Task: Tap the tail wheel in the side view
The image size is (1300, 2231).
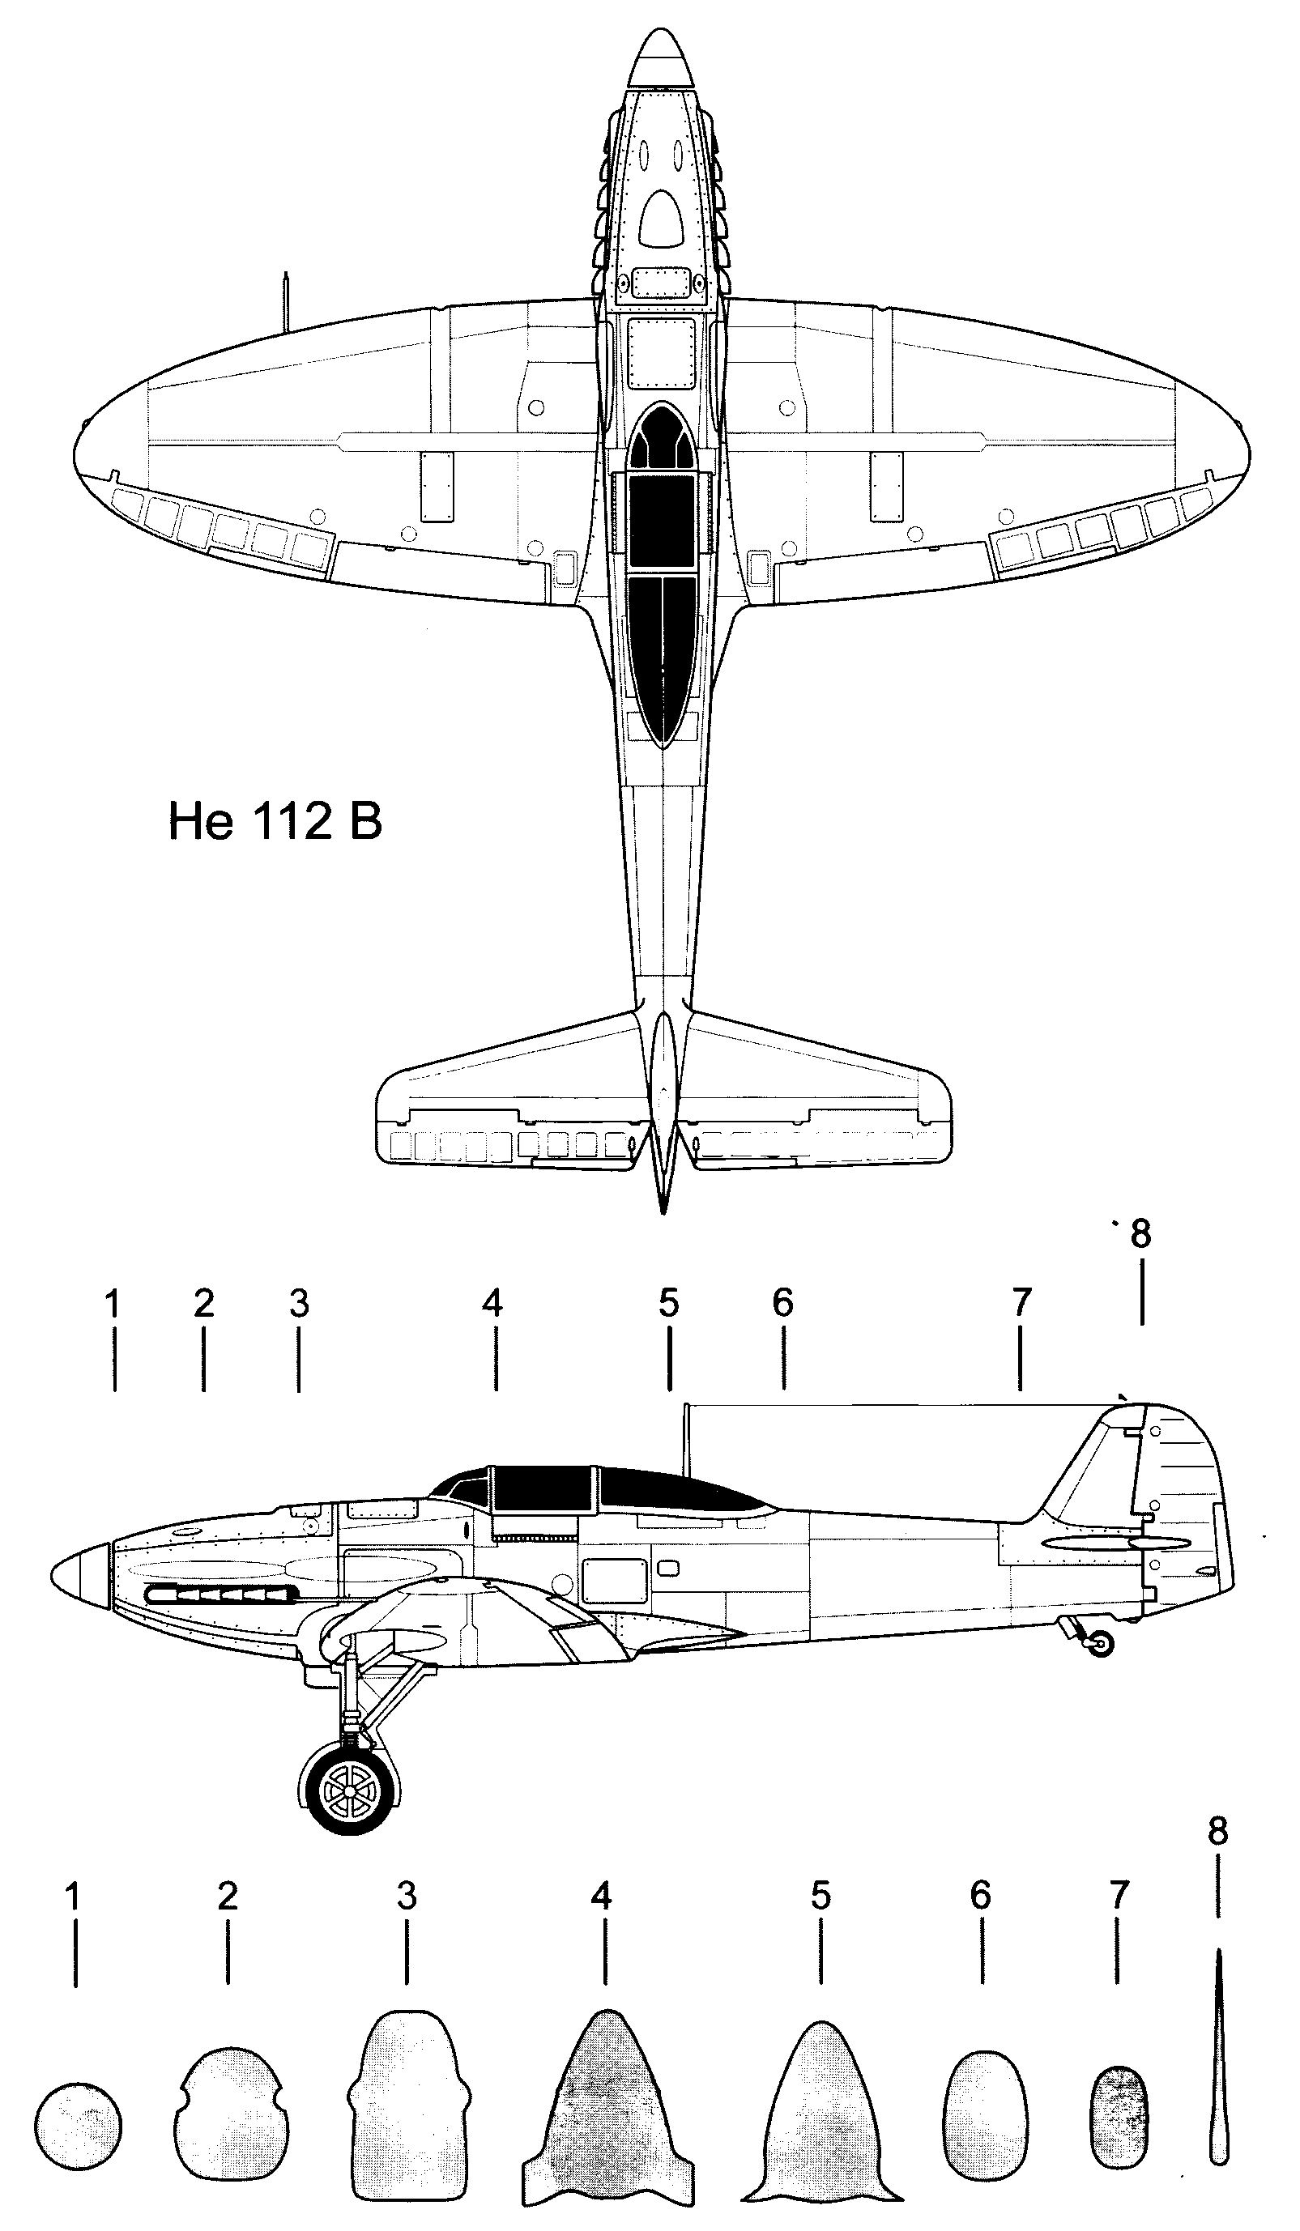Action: point(1101,1644)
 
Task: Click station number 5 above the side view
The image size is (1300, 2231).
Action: point(668,1302)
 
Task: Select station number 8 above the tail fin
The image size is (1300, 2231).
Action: point(1140,1233)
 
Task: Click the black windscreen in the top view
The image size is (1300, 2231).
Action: point(663,436)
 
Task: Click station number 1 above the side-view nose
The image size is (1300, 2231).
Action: point(112,1303)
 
